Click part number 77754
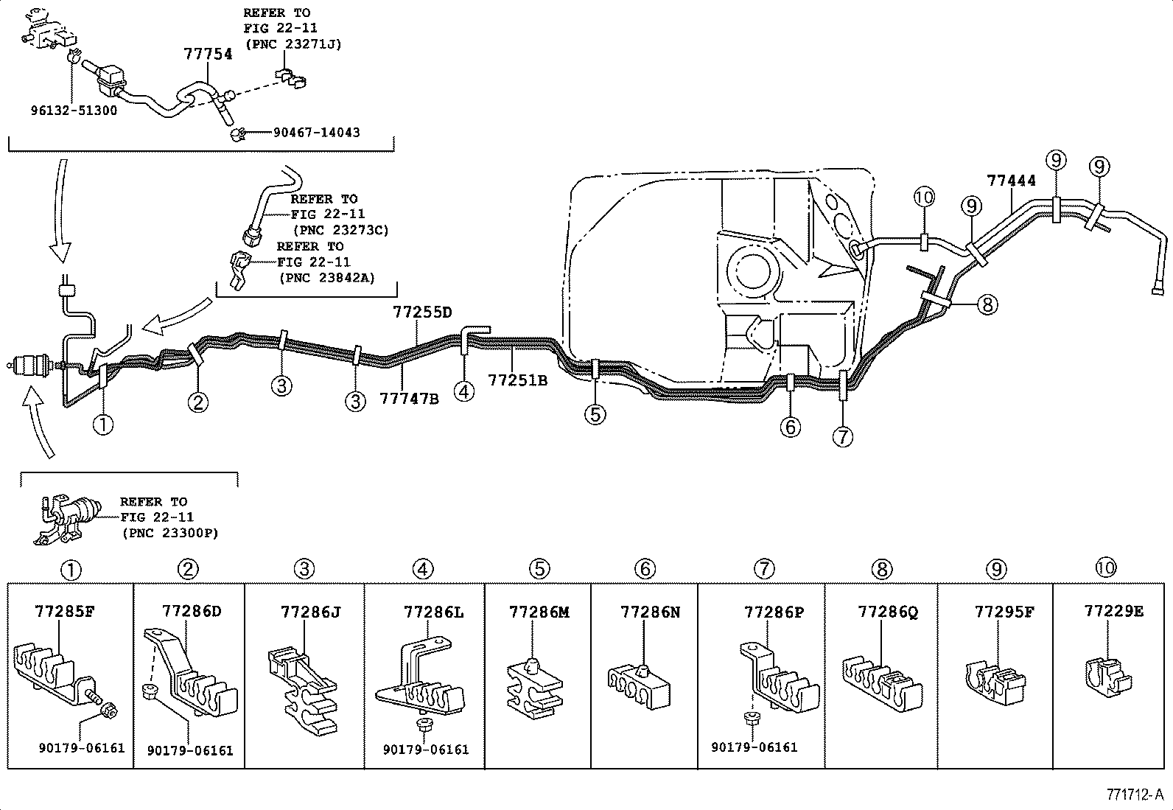(207, 55)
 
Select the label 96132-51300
(74, 111)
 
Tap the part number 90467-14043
(316, 133)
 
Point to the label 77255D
(421, 312)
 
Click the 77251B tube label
(517, 380)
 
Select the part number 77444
(1011, 181)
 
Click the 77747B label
(409, 399)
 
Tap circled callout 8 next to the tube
(987, 304)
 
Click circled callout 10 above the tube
(923, 197)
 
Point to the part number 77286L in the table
(433, 612)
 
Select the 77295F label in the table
(1004, 612)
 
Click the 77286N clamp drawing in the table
(639, 685)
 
